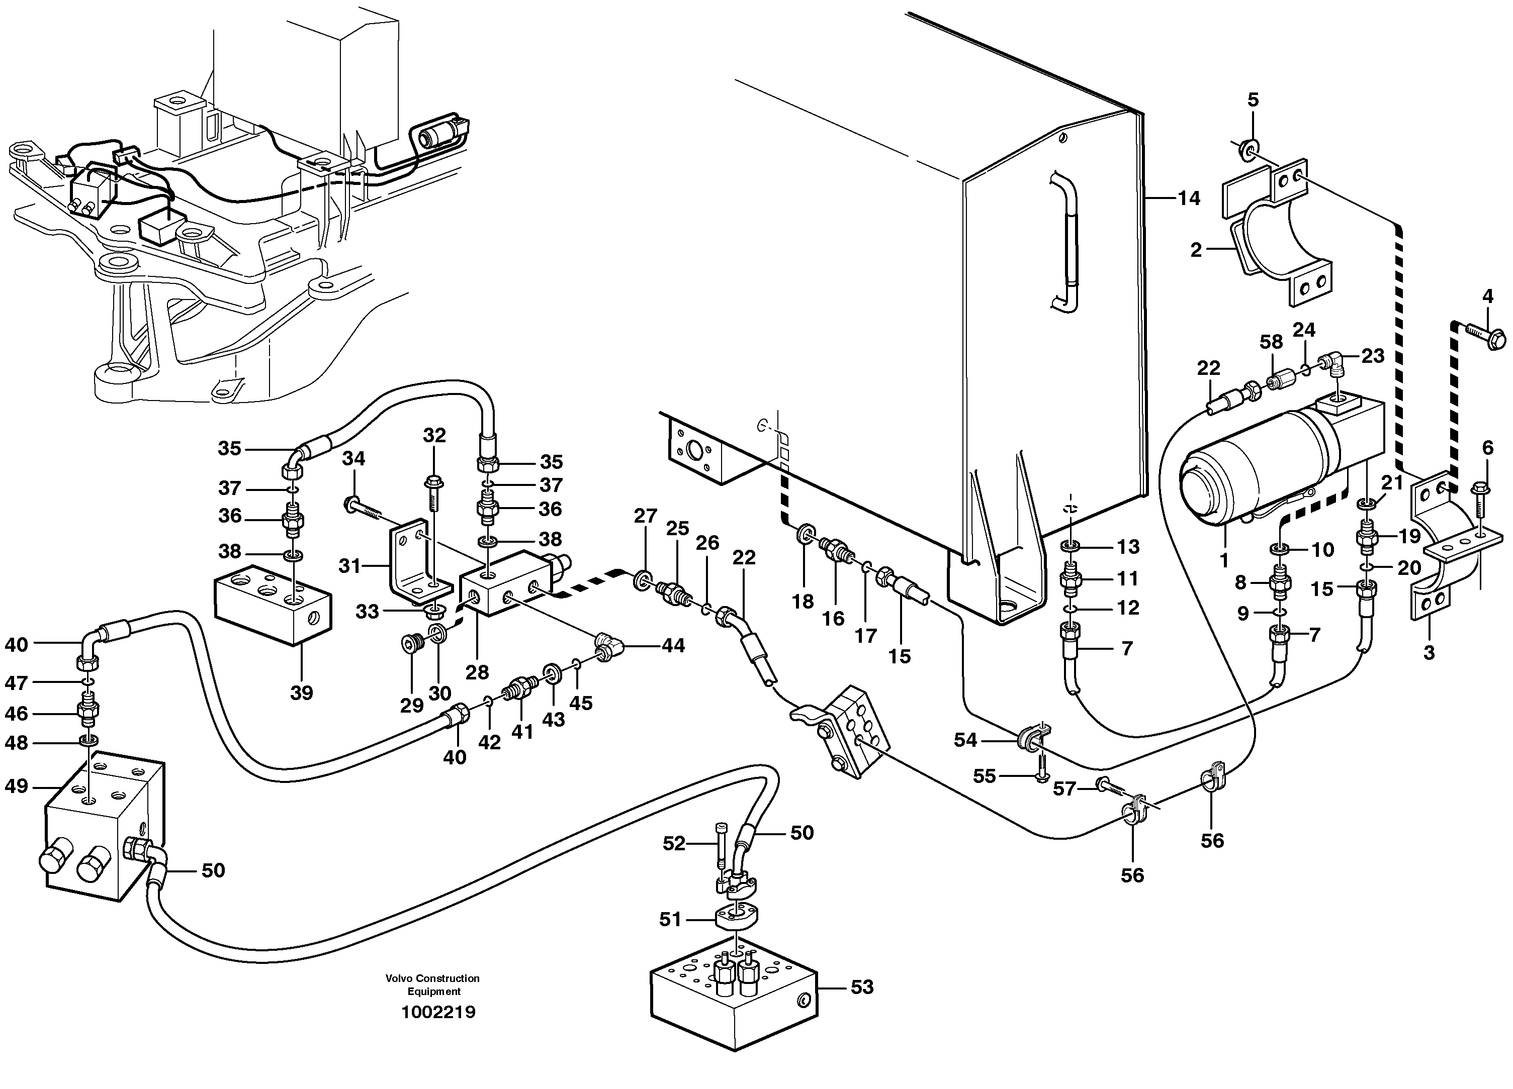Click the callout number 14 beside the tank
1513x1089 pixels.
(1188, 198)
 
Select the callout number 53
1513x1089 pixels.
(862, 986)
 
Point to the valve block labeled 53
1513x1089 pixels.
(733, 1001)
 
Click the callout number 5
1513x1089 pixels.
(1253, 100)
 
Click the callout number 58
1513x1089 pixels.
(1271, 342)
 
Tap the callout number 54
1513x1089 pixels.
(964, 740)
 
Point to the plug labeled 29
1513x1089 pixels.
(412, 644)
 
